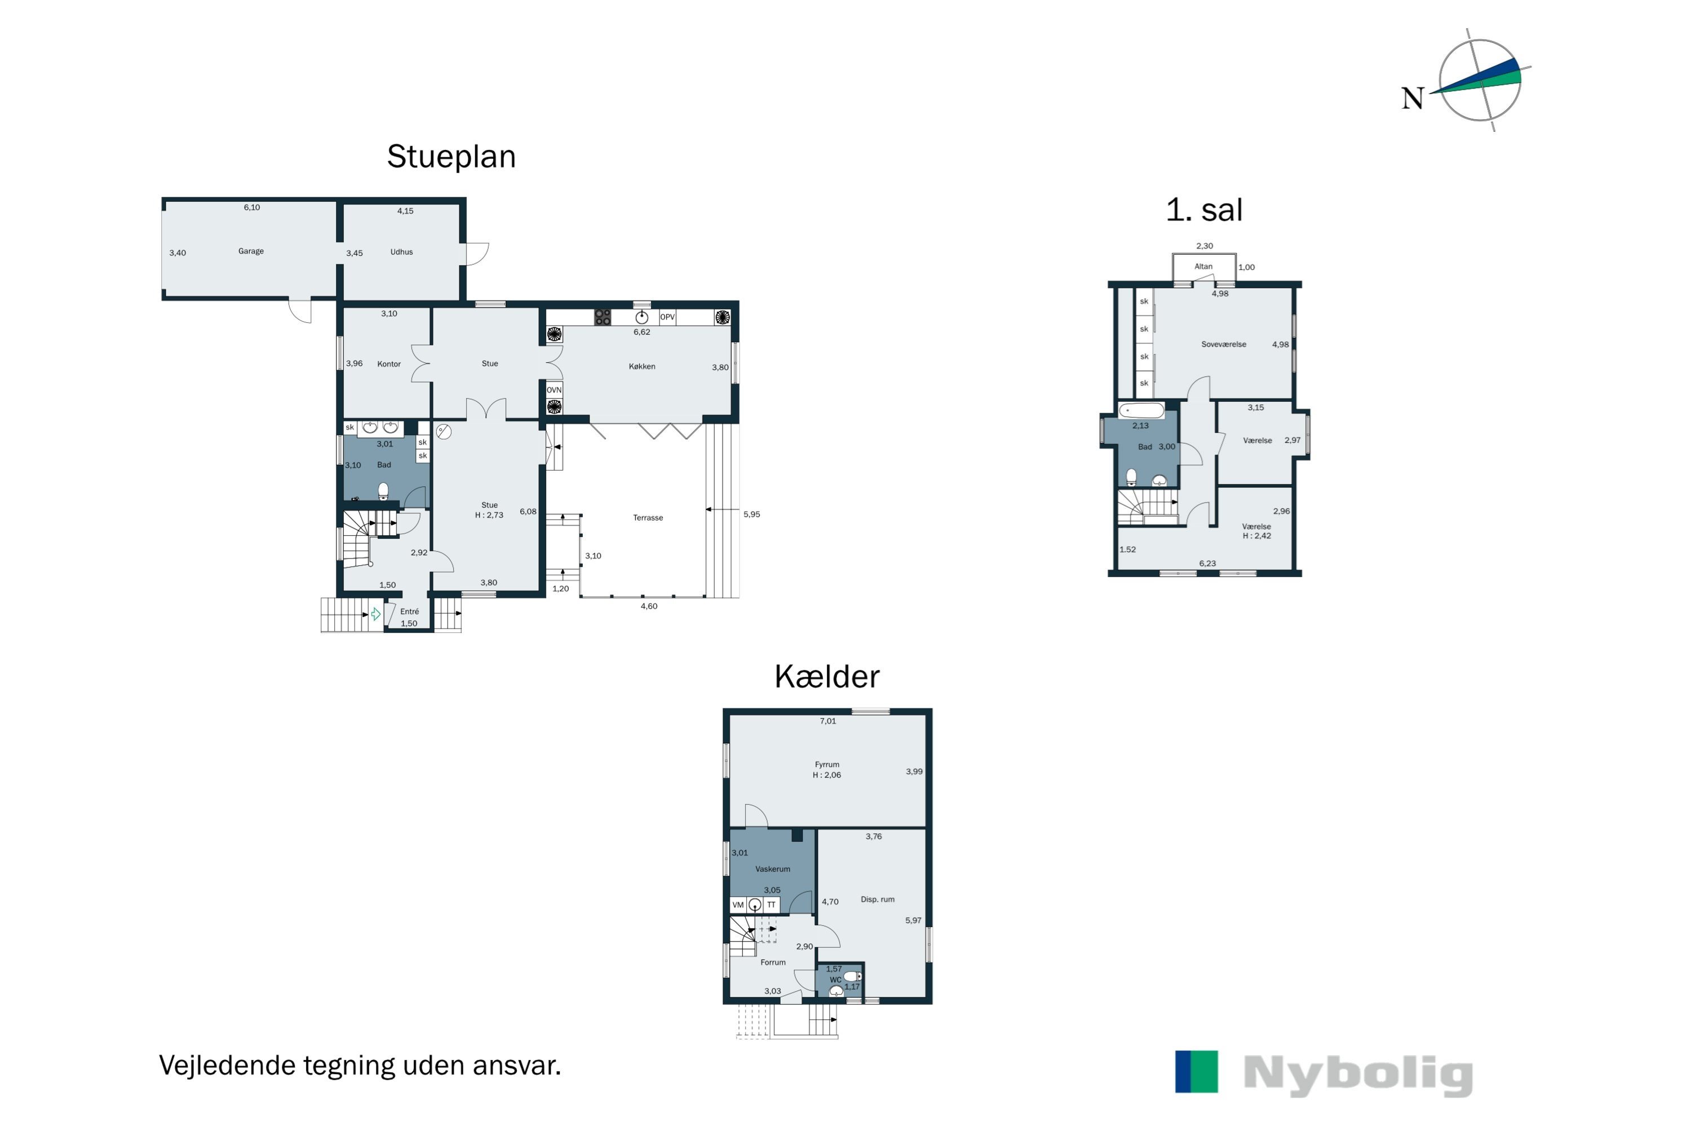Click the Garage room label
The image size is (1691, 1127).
coord(251,251)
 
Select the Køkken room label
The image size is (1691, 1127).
coord(642,367)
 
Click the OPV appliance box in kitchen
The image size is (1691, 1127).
coord(667,317)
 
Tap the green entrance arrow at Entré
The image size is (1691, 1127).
coord(375,615)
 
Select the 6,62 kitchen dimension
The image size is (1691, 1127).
coord(641,332)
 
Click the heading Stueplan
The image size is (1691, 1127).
coord(451,157)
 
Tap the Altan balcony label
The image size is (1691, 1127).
coord(1203,267)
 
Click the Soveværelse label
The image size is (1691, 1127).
coord(1223,345)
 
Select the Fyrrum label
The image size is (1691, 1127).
coord(827,765)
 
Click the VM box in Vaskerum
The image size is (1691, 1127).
coord(738,905)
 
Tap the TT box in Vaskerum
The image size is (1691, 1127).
coord(771,905)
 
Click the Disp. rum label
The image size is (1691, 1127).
coord(877,900)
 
